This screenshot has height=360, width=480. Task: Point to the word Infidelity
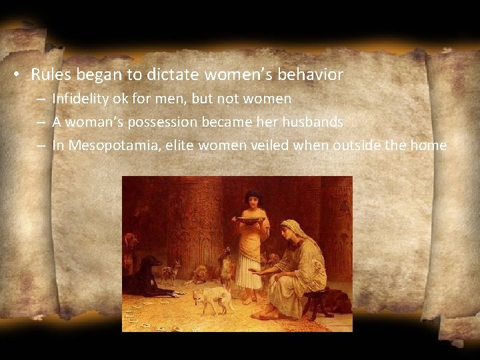pos(79,99)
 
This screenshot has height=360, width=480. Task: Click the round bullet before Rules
pos(22,75)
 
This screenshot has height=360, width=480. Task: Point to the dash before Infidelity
pos(41,99)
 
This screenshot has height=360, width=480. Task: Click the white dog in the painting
pos(212,299)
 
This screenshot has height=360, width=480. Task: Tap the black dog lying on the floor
pos(150,283)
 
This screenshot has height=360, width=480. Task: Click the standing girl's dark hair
pos(253,196)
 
